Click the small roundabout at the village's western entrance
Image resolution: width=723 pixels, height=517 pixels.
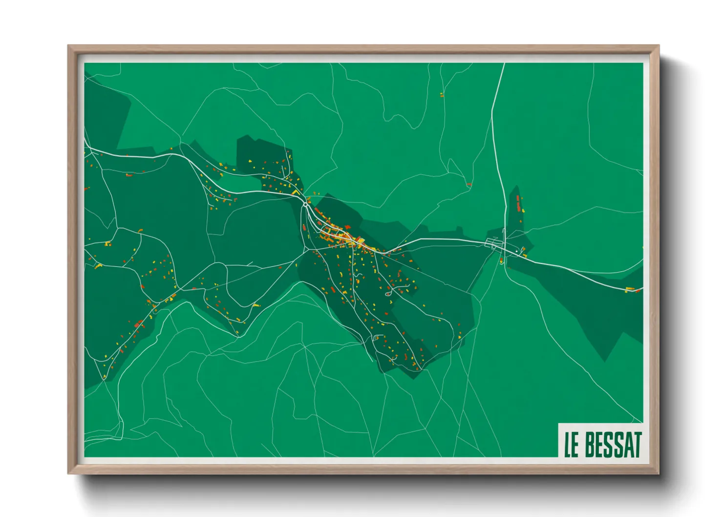305,203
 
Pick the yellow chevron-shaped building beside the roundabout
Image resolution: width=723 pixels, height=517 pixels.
296,193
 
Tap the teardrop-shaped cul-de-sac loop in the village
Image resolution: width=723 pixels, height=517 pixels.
388,294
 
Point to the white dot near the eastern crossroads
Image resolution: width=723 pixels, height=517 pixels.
517,251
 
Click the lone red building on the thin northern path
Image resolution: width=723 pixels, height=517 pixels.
469,184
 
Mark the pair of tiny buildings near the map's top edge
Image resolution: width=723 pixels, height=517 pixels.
442,94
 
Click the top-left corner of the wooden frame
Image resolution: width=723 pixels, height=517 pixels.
68,46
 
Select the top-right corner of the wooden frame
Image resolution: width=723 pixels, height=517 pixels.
659,46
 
